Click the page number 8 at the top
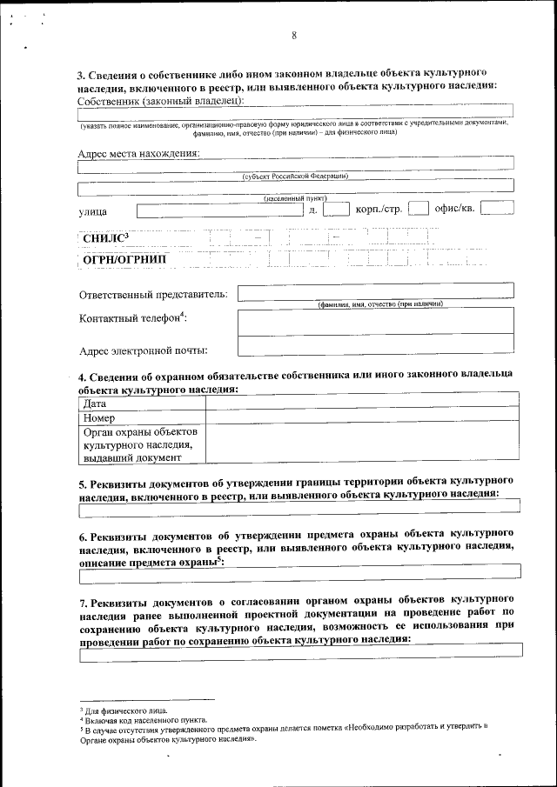295,36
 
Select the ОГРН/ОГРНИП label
124,259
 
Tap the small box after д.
335,209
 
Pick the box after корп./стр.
418,209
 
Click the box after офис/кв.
496,208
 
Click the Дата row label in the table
96,404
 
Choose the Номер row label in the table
99,417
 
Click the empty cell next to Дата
360,404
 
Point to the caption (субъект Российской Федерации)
295,176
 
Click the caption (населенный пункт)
295,198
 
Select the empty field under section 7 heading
299,650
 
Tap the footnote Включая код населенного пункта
144,721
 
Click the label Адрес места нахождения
138,154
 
